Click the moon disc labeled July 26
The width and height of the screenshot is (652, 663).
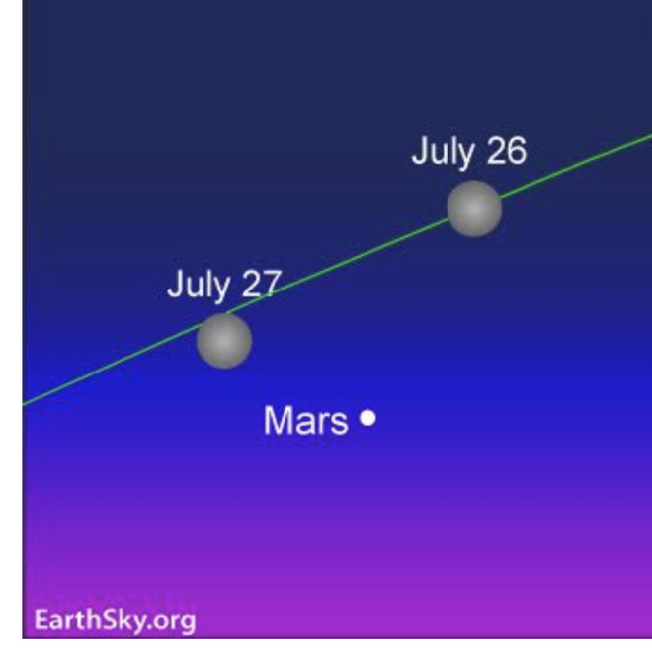tap(474, 208)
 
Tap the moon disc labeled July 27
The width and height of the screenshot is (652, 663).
tap(224, 341)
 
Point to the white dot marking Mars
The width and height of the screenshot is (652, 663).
tap(368, 418)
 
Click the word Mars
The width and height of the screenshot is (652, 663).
tap(305, 421)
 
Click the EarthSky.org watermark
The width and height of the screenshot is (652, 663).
tap(115, 621)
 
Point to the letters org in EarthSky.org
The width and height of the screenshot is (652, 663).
tap(175, 622)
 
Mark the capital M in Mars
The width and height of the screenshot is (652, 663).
tap(277, 421)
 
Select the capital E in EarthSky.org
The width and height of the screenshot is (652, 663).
tap(41, 620)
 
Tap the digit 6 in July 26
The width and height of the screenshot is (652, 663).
tap(516, 151)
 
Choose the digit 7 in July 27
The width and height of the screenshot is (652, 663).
tap(272, 285)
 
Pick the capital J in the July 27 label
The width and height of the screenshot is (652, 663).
tap(175, 285)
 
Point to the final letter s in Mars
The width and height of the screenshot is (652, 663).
tap(339, 423)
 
